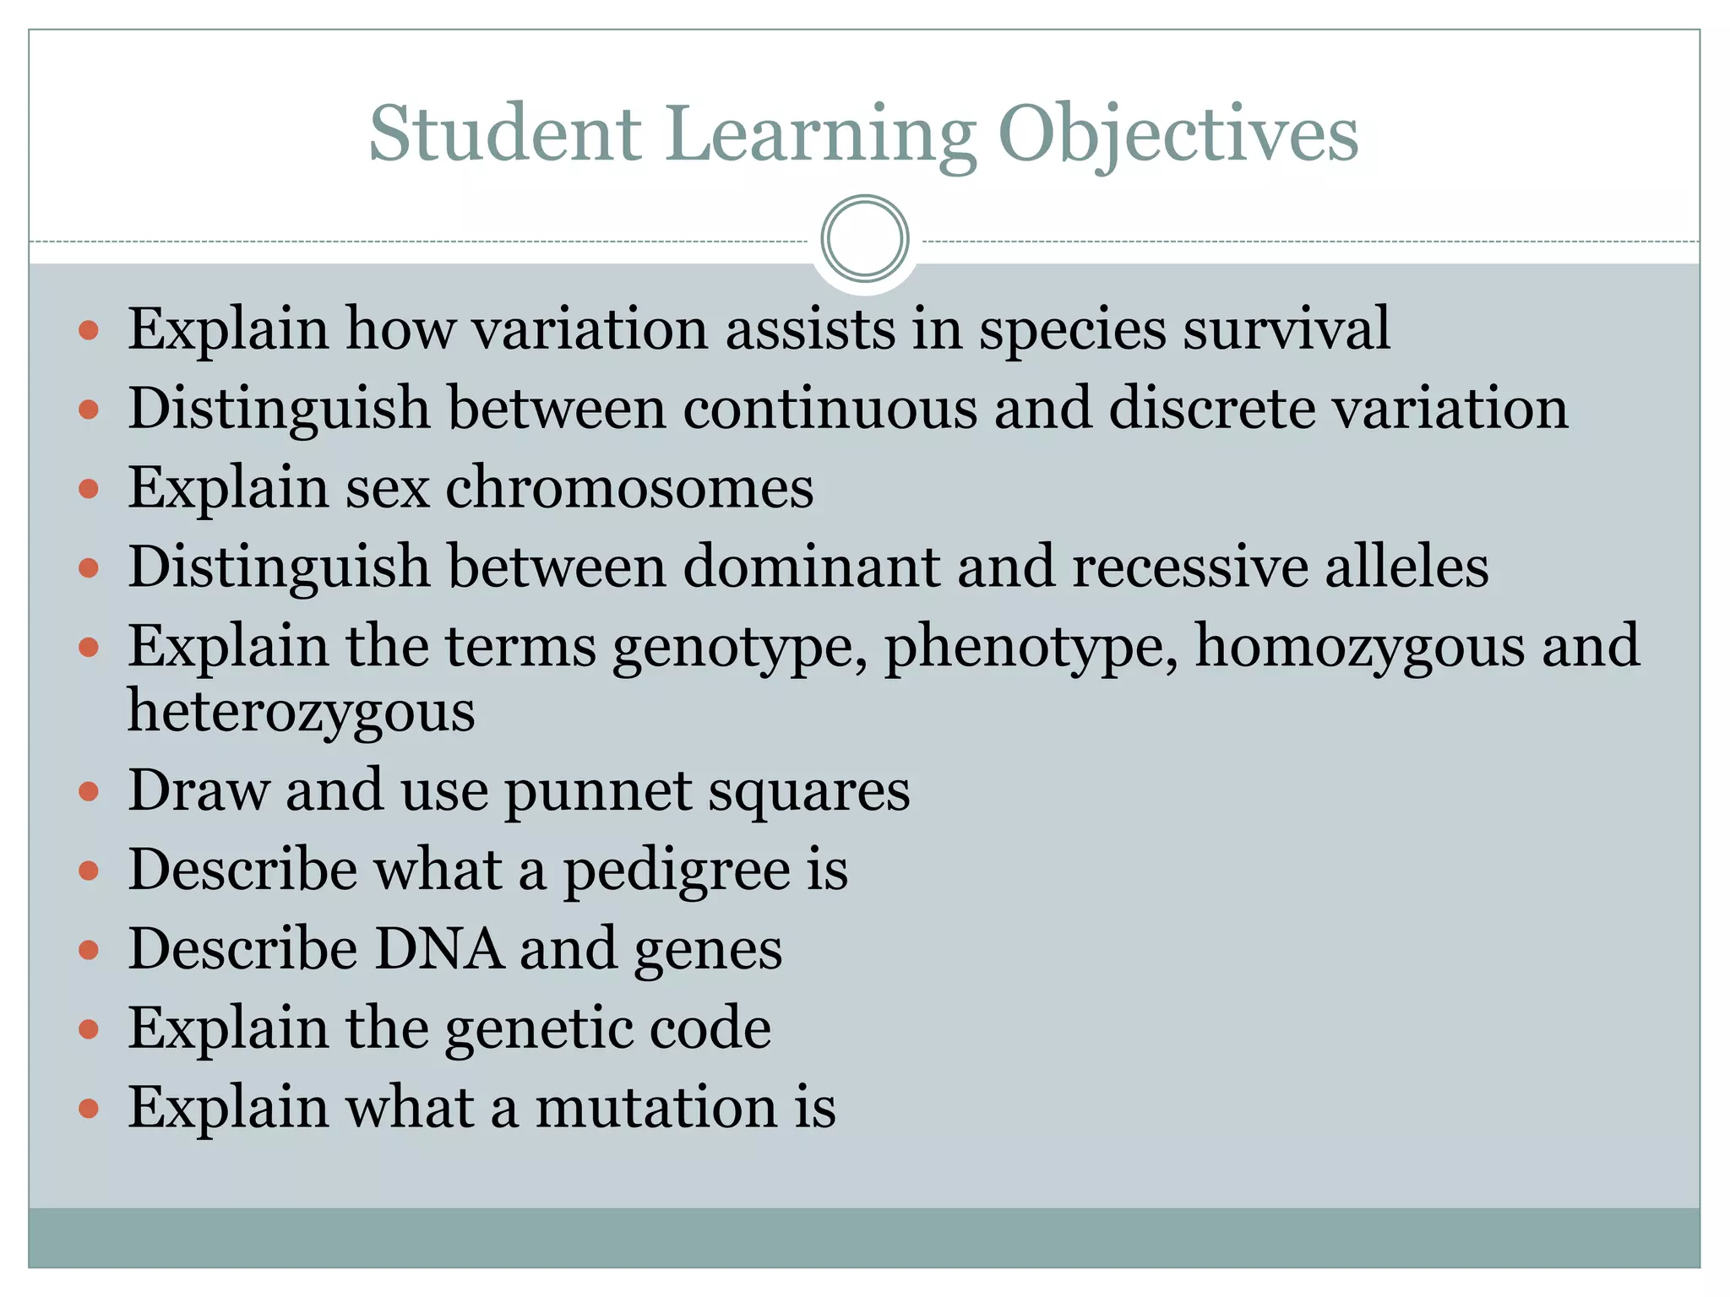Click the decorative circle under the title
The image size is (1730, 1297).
click(864, 239)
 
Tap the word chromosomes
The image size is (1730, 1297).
click(629, 487)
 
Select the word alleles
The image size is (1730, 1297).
click(1406, 567)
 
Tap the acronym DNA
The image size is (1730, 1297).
click(438, 949)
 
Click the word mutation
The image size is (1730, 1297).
click(656, 1107)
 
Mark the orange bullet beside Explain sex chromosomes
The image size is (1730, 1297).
click(89, 488)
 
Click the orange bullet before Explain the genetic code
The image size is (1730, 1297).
click(89, 1028)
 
